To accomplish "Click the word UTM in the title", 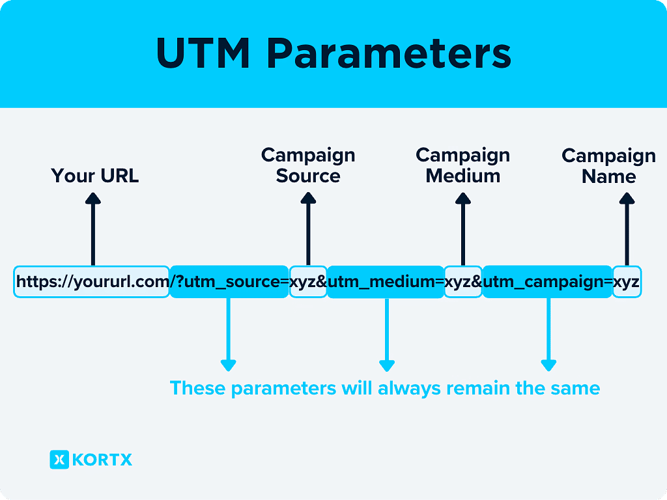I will click(203, 54).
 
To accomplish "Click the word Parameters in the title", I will click(389, 54).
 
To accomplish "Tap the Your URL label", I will click(95, 176).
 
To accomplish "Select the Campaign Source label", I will click(308, 165).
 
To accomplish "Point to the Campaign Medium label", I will click(462, 165).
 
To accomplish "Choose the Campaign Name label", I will click(608, 166).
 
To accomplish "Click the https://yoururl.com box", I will click(91, 282).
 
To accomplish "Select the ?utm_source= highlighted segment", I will click(229, 282).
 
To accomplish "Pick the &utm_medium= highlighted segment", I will click(386, 282).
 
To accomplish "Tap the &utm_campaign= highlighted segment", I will click(547, 282).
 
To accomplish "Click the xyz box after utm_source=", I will click(308, 282).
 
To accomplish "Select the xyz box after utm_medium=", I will click(463, 282).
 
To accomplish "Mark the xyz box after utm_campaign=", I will click(627, 282).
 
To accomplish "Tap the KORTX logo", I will click(91, 460).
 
